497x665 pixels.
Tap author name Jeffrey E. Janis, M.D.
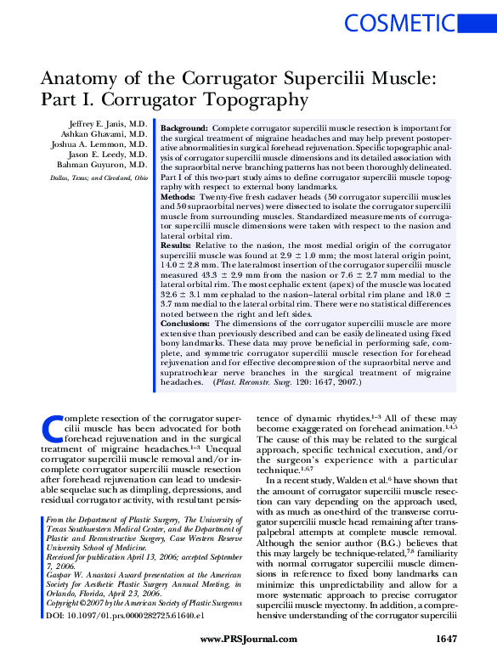coord(107,124)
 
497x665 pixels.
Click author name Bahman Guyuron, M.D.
coord(104,166)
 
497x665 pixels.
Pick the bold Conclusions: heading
coord(186,324)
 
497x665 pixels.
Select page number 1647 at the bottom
coord(447,639)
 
